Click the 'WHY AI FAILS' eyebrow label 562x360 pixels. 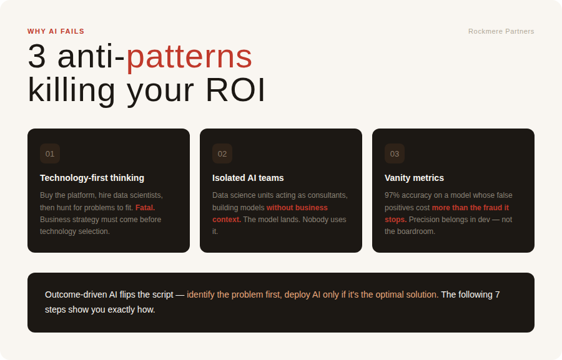[56, 32]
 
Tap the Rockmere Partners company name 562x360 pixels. [501, 32]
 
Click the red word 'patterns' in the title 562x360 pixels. [189, 57]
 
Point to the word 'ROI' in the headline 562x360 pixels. [235, 90]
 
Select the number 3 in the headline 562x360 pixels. [37, 56]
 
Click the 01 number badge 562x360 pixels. [50, 153]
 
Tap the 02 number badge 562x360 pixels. [222, 153]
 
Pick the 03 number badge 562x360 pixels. [395, 153]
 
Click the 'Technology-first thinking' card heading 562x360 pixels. [92, 178]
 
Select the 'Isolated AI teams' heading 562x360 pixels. [248, 178]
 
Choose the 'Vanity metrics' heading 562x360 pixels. [415, 178]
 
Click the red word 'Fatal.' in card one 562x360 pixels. [145, 208]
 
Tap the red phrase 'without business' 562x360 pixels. [297, 208]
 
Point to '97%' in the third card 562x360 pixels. [392, 195]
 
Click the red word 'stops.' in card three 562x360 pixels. [396, 220]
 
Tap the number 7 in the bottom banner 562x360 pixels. [498, 294]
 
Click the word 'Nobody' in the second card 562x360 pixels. [314, 220]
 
